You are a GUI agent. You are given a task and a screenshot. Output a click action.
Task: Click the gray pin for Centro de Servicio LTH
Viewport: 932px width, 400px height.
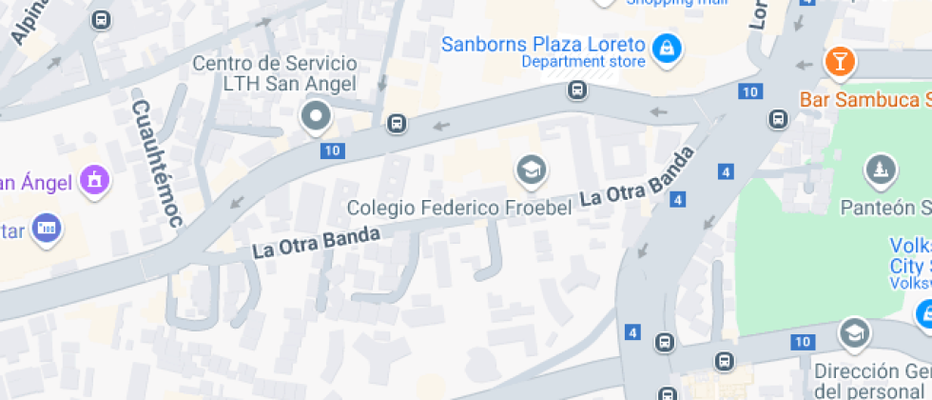pyautogui.click(x=315, y=117)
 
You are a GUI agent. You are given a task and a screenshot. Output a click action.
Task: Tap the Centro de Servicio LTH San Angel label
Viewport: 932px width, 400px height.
pyautogui.click(x=275, y=74)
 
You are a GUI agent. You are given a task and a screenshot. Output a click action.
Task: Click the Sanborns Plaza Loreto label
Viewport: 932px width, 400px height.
pyautogui.click(x=545, y=44)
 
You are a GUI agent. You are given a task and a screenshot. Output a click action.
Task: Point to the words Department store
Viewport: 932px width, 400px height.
pyautogui.click(x=583, y=63)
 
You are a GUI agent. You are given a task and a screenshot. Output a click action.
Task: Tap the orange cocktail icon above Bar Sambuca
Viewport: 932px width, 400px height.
pyautogui.click(x=840, y=63)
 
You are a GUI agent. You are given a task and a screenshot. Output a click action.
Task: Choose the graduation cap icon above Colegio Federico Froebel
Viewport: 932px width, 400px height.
pyautogui.click(x=531, y=171)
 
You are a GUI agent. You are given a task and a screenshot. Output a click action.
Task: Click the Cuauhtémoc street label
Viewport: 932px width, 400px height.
pyautogui.click(x=157, y=164)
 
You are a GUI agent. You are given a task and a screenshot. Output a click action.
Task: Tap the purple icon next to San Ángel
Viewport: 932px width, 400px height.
pyautogui.click(x=95, y=179)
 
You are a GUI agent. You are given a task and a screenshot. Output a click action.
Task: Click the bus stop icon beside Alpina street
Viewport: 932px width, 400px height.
pyautogui.click(x=100, y=19)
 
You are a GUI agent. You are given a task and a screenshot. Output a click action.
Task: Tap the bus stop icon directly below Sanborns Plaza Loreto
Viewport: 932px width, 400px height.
pyautogui.click(x=576, y=90)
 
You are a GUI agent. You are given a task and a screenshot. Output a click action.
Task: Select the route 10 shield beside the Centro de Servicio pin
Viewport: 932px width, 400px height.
pyautogui.click(x=332, y=150)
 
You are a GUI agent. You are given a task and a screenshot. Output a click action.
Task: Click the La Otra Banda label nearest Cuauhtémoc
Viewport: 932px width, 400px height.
pyautogui.click(x=316, y=242)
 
